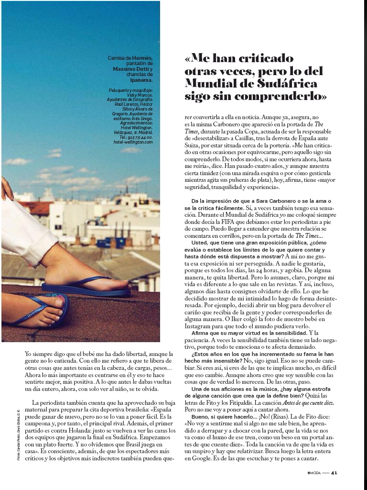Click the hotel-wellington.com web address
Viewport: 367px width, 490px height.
pos(133,142)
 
